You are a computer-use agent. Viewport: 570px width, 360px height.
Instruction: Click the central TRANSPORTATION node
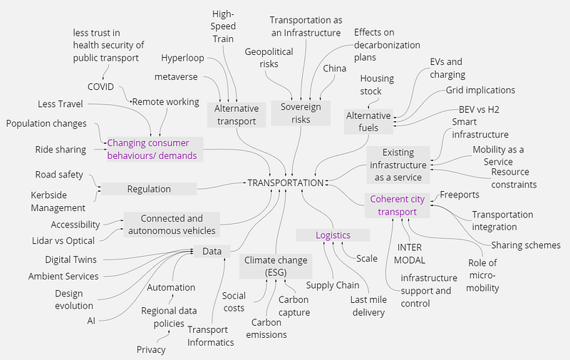pyautogui.click(x=285, y=182)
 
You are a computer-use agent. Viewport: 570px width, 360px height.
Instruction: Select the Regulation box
pyautogui.click(x=149, y=189)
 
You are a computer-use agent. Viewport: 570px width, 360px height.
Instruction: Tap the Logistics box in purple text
pyautogui.click(x=333, y=235)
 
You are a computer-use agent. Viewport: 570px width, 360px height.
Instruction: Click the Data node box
pyautogui.click(x=212, y=251)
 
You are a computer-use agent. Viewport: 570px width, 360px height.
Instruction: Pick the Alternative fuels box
pyautogui.click(x=368, y=122)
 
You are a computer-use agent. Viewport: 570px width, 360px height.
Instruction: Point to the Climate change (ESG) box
pyautogui.click(x=274, y=265)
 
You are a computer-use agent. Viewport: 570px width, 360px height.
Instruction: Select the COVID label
pyautogui.click(x=101, y=86)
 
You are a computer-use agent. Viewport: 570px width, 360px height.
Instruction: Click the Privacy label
pyautogui.click(x=151, y=349)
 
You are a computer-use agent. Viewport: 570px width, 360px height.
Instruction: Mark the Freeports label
pyautogui.click(x=460, y=195)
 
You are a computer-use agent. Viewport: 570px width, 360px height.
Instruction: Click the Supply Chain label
pyautogui.click(x=333, y=286)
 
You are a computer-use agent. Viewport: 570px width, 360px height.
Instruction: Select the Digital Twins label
pyautogui.click(x=71, y=259)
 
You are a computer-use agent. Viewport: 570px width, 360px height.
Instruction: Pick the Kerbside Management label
pyautogui.click(x=58, y=201)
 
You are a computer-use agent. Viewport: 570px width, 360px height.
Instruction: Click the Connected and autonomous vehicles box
pyautogui.click(x=171, y=225)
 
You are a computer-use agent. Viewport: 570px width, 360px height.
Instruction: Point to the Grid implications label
pyautogui.click(x=480, y=91)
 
